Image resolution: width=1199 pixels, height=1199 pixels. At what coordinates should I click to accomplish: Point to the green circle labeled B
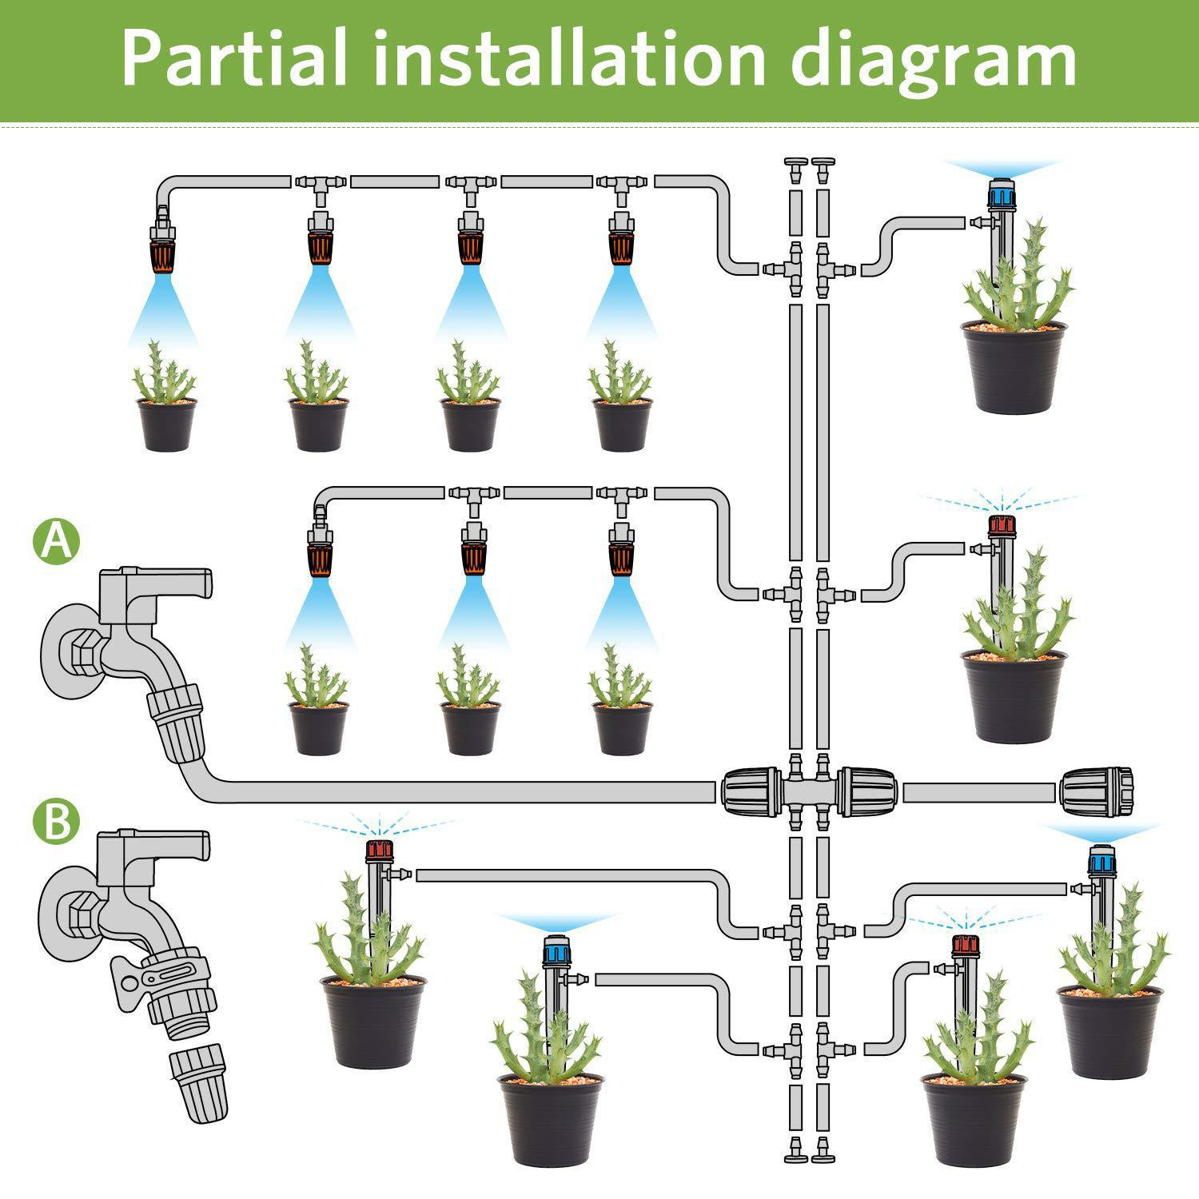click(x=56, y=822)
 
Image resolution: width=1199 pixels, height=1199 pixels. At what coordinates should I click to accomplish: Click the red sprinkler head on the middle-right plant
click(x=1002, y=526)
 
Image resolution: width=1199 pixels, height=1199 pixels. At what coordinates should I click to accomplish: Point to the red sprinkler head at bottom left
click(x=379, y=849)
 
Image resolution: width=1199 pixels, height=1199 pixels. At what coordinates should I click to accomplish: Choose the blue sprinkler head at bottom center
click(x=555, y=950)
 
